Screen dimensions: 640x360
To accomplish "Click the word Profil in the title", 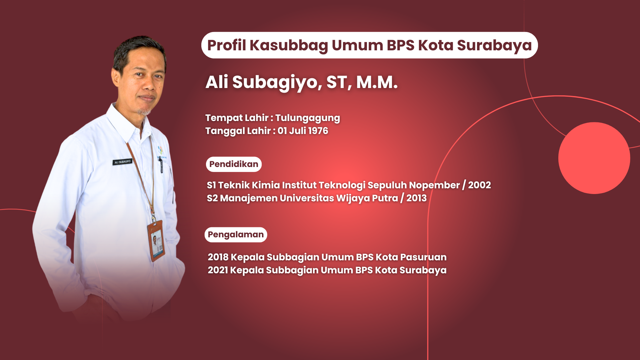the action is (x=226, y=45).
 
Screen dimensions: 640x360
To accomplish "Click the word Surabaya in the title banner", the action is (x=494, y=46).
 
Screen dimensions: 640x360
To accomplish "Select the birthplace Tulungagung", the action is (x=307, y=118).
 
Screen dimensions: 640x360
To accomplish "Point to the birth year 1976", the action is (x=318, y=131).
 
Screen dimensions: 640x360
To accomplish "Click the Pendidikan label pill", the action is (x=234, y=164).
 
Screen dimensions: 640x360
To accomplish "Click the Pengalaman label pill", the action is (x=236, y=235).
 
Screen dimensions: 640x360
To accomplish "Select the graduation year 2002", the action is (x=479, y=185).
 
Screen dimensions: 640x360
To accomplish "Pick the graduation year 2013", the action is (x=416, y=198).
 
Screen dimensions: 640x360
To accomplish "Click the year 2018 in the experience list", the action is (x=218, y=257).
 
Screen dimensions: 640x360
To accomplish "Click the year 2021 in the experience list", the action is (x=218, y=270).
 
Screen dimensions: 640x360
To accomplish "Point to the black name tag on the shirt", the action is (x=122, y=162).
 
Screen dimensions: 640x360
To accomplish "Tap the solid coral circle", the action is (x=594, y=158).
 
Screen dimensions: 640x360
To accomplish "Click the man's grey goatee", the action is (x=144, y=111).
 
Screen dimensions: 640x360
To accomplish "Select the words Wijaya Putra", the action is (x=367, y=198).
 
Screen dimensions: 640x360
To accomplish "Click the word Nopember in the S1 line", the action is (x=434, y=185).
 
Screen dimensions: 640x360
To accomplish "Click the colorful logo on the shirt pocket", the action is (x=161, y=151).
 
